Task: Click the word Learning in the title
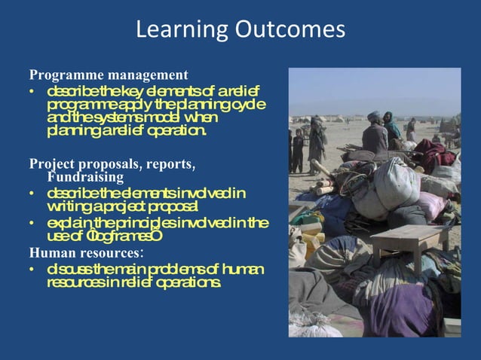tap(172, 30)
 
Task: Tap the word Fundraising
tap(85, 177)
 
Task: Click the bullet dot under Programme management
tap(32, 93)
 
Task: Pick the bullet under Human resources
tap(32, 270)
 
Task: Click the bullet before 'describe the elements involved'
tap(32, 194)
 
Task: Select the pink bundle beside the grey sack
tap(434, 204)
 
